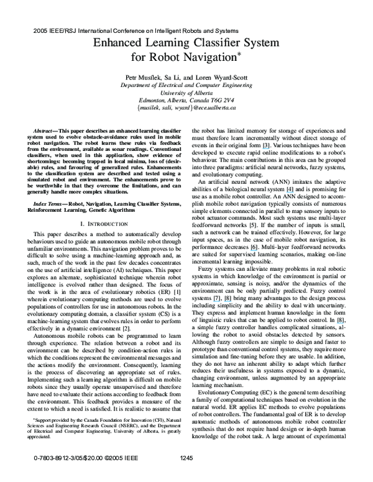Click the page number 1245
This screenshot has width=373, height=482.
[x=186, y=476]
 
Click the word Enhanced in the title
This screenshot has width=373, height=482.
[x=119, y=42]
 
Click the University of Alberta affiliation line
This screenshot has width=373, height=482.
[x=186, y=91]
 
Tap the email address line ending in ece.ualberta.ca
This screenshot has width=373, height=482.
[x=186, y=107]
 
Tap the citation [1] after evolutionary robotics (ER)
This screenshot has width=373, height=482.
[x=178, y=291]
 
